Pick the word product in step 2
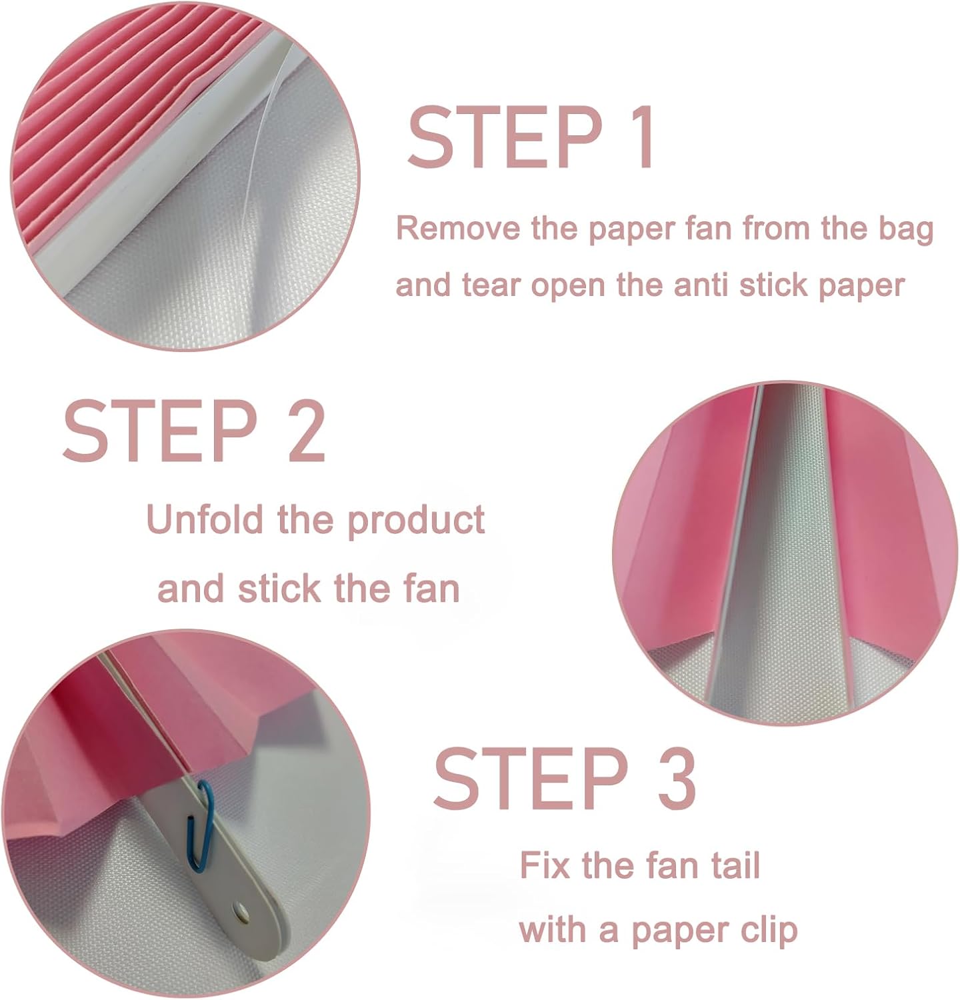416,521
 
